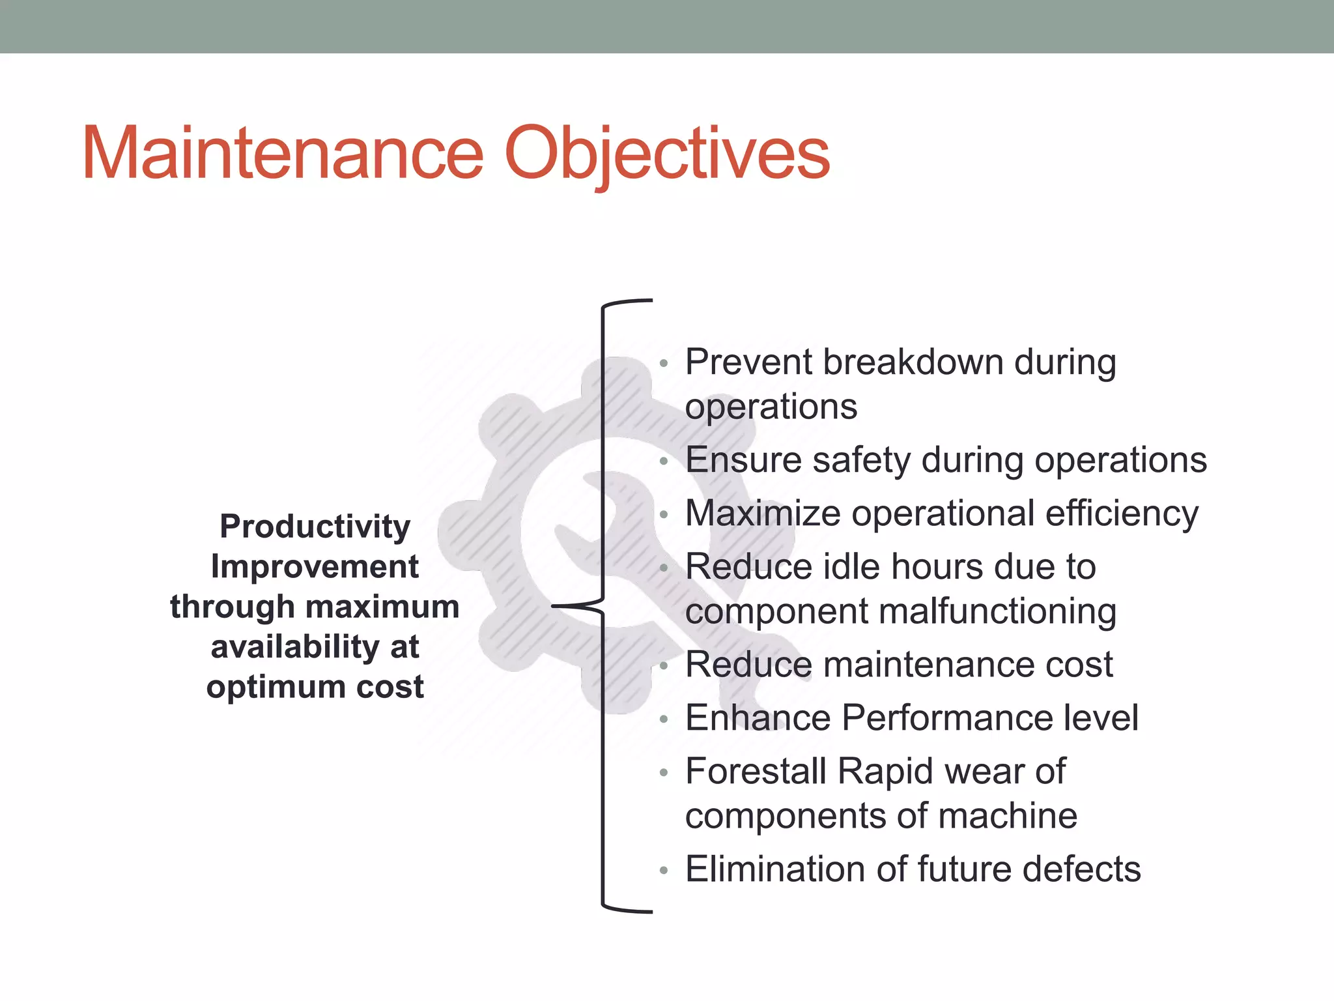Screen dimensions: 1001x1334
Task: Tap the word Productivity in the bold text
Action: [x=315, y=527]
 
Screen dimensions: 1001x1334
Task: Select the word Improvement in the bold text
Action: [x=315, y=566]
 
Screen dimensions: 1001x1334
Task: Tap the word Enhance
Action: [x=758, y=718]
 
